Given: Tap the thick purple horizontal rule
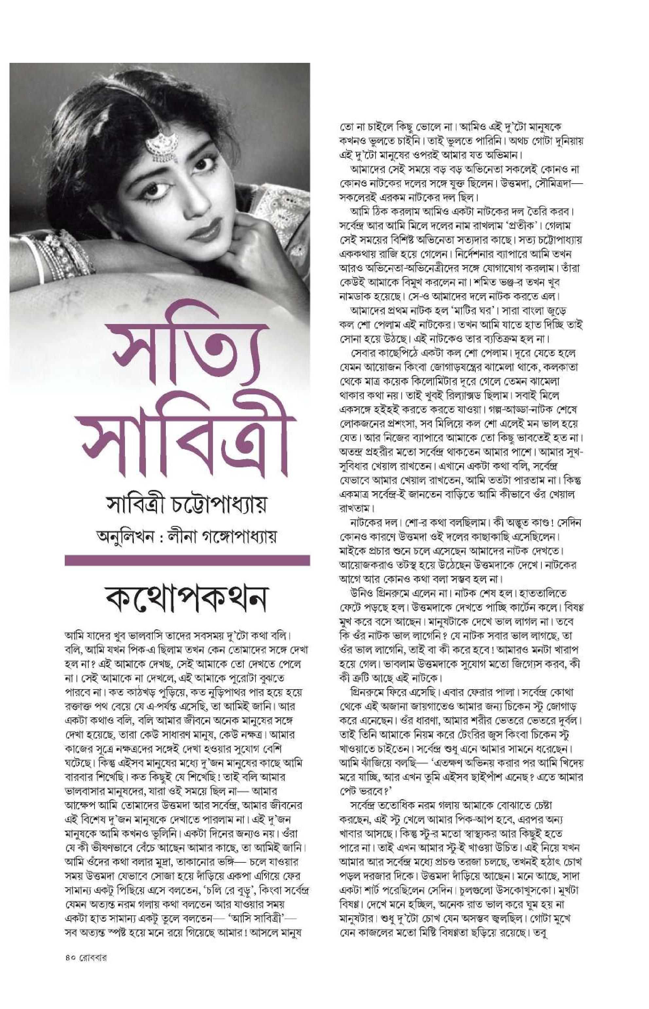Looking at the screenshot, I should pos(187,560).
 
